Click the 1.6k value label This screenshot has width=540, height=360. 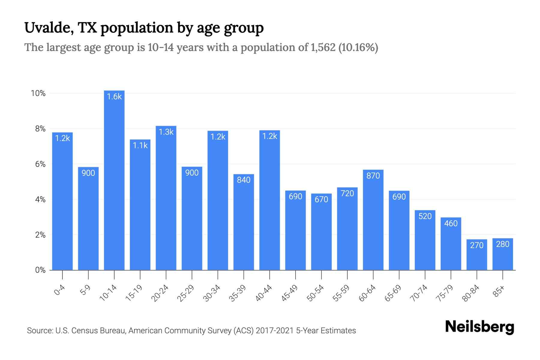[114, 97]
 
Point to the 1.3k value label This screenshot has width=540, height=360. [166, 132]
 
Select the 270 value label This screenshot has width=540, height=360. [477, 245]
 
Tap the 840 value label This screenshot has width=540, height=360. [244, 180]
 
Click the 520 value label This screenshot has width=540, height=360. [425, 216]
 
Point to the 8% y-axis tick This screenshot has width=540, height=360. [40, 129]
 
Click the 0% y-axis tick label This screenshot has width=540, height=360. [40, 270]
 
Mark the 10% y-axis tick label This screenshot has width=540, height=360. [38, 94]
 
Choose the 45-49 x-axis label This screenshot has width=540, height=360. [289, 293]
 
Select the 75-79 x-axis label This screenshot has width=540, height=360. [445, 293]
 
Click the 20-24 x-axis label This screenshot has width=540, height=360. [160, 293]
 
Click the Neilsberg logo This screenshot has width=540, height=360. [479, 327]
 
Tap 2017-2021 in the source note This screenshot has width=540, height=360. [274, 331]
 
